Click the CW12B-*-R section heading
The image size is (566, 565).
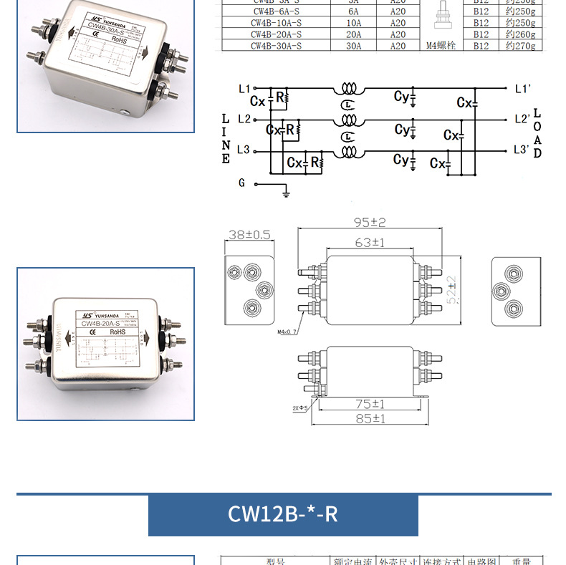pyautogui.click(x=282, y=514)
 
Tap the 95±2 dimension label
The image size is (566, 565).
pyautogui.click(x=370, y=223)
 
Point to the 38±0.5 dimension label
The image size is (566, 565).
pyautogui.click(x=250, y=234)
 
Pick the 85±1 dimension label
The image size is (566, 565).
pyautogui.click(x=370, y=418)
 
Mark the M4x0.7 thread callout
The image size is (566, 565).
pyautogui.click(x=287, y=332)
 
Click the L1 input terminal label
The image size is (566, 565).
pyautogui.click(x=244, y=89)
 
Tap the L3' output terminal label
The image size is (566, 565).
pyautogui.click(x=522, y=150)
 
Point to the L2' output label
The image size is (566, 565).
pyautogui.click(x=522, y=119)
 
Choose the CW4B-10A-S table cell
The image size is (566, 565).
pyautogui.click(x=276, y=23)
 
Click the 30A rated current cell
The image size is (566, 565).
pyautogui.click(x=353, y=46)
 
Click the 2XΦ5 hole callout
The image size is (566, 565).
pyautogui.click(x=299, y=408)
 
